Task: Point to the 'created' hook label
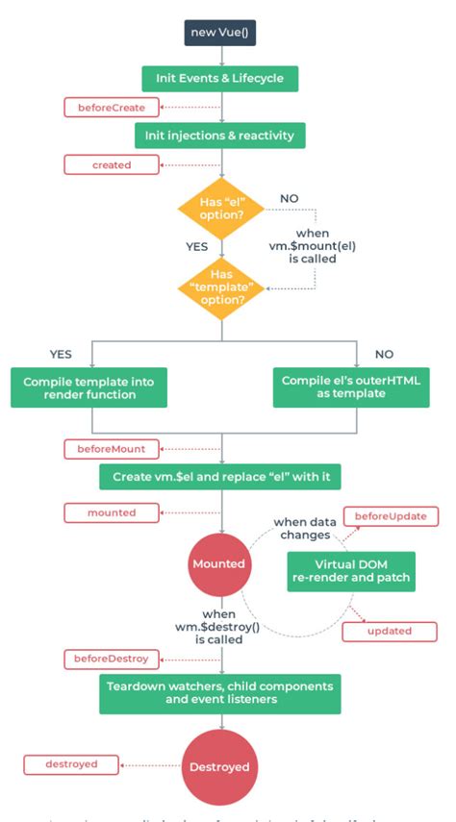click(112, 164)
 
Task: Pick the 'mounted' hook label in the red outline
click(112, 512)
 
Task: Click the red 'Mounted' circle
click(220, 564)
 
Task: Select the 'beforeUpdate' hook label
click(391, 517)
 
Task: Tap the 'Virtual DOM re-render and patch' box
click(350, 570)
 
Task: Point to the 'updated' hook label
click(390, 631)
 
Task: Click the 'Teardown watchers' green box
click(220, 693)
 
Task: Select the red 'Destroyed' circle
click(220, 766)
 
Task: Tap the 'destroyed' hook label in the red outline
click(73, 764)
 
